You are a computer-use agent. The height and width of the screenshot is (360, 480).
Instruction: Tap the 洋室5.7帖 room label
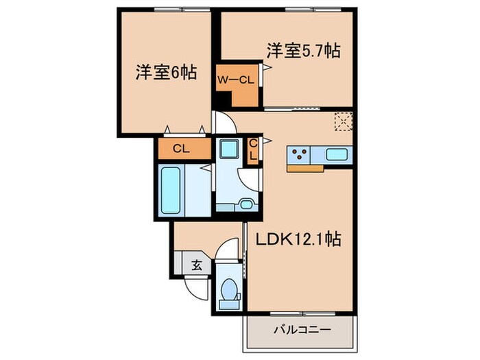click(304, 50)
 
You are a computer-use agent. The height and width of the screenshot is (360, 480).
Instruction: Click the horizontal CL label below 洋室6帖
click(181, 148)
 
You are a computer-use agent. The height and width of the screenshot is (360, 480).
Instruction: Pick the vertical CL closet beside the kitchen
click(252, 150)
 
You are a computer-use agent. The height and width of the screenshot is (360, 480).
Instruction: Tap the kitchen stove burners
click(300, 154)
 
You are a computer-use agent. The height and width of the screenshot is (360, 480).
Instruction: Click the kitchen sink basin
click(336, 154)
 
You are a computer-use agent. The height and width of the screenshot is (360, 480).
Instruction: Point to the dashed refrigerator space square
click(342, 121)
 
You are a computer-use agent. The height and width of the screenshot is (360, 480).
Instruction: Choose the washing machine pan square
click(228, 149)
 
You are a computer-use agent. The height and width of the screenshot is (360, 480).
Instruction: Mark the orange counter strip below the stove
click(305, 167)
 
